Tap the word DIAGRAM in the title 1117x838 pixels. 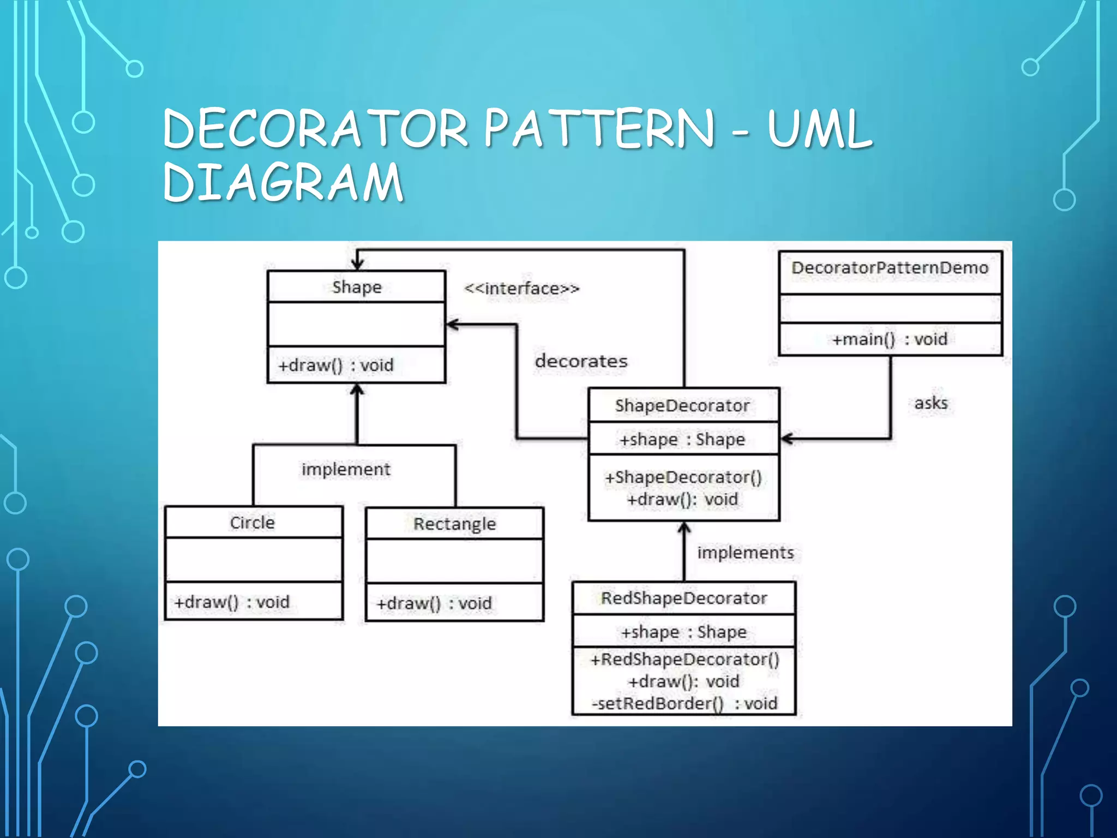283,182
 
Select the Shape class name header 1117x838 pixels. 357,287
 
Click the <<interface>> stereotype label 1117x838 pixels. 521,289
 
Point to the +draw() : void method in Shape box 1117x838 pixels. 335,365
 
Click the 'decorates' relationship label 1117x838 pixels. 581,361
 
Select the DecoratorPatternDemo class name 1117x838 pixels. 890,268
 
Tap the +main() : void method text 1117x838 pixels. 890,339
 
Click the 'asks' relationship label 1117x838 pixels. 931,403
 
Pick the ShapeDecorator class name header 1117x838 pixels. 682,406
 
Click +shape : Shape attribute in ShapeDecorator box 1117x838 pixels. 682,440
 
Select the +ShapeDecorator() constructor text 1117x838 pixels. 683,477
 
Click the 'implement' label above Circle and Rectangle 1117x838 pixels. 346,469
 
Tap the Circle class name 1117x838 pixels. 252,523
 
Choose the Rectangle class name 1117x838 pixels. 454,524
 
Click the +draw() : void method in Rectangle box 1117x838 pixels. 434,603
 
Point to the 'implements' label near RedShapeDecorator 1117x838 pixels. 745,553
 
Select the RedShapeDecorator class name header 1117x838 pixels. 684,598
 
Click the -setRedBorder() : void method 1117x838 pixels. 684,704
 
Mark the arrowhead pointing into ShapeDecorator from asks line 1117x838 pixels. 787,439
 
